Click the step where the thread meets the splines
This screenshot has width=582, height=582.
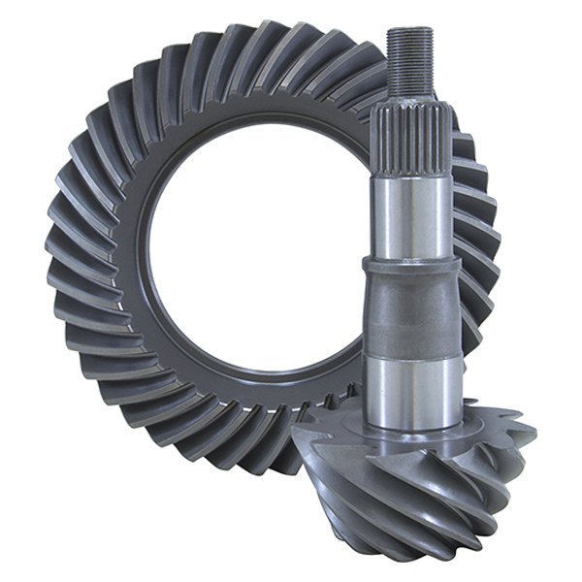click(409, 100)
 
